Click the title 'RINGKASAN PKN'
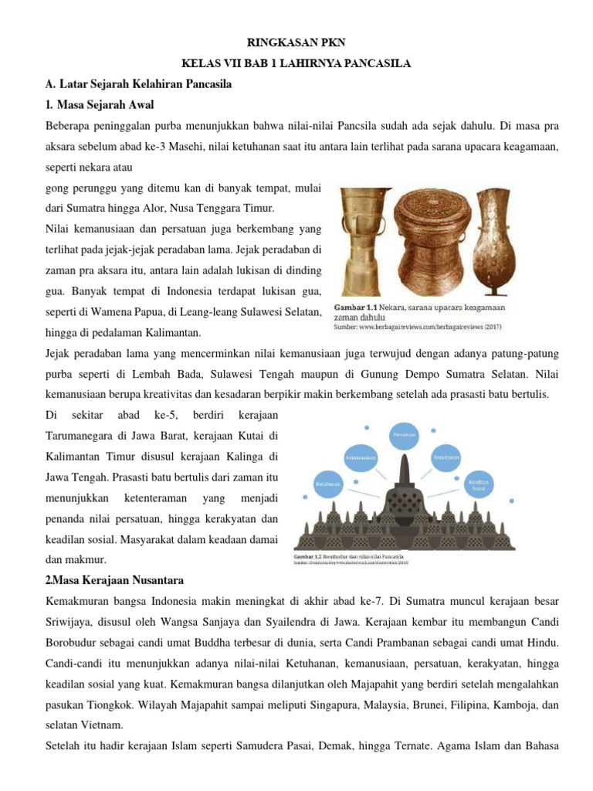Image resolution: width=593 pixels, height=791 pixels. point(296,45)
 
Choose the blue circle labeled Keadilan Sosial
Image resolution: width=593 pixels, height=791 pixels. point(479,485)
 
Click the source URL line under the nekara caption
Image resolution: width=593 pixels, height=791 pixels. point(417,327)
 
